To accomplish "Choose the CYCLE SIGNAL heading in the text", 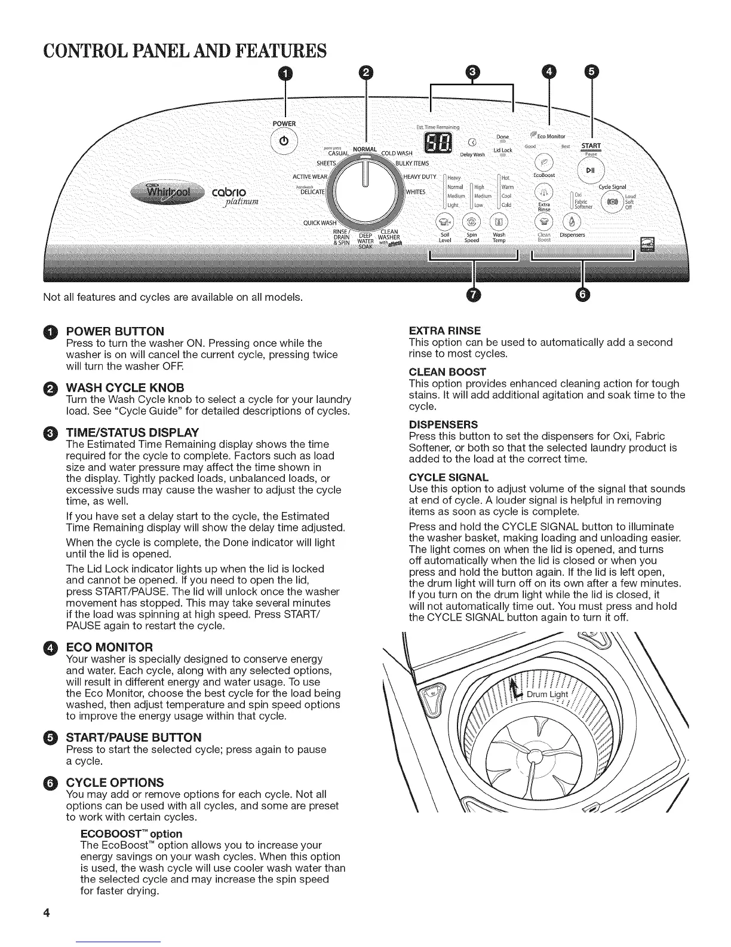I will pos(449,477).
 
